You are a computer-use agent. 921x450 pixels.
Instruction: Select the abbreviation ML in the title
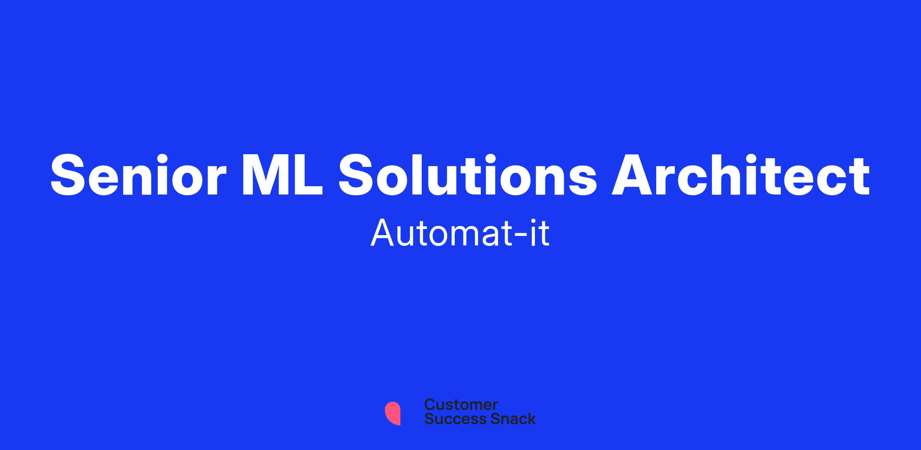(282, 175)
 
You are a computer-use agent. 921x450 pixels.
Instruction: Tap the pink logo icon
(393, 414)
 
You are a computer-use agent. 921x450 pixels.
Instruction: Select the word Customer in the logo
(461, 405)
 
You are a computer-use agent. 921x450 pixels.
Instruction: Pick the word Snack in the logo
(508, 419)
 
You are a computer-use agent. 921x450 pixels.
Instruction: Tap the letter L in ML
(309, 175)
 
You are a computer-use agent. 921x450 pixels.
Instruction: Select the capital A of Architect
(632, 175)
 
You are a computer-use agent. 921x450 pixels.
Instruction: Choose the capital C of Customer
(430, 405)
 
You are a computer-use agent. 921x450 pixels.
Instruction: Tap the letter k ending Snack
(531, 419)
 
